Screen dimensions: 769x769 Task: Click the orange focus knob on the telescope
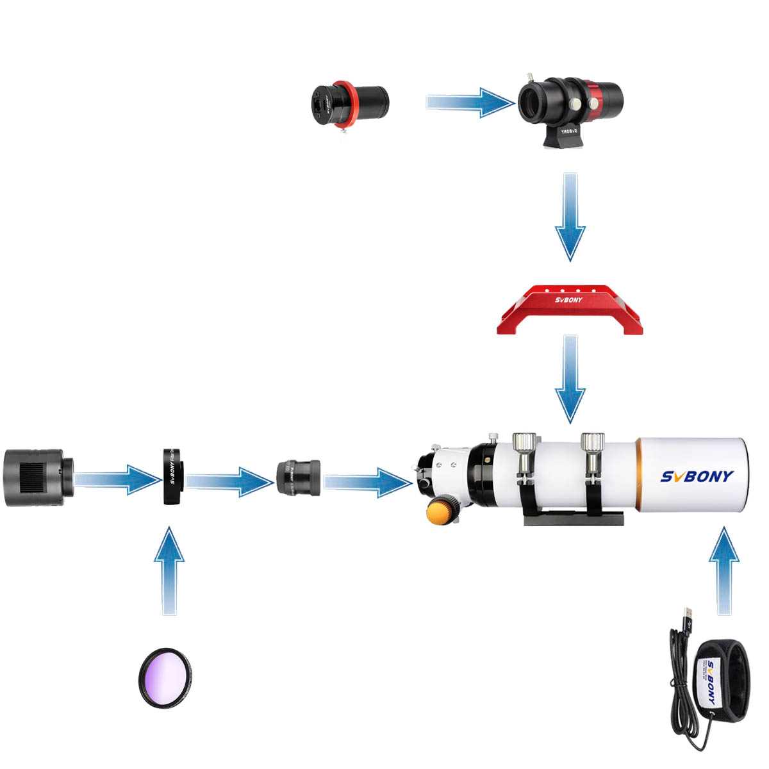441,513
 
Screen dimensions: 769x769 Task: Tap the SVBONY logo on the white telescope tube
697,476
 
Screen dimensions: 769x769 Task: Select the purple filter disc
166,677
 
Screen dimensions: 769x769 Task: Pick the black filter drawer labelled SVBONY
173,477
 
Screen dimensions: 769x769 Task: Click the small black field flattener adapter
298,477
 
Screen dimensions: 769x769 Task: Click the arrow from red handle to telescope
570,378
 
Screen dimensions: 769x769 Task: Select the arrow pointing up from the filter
169,570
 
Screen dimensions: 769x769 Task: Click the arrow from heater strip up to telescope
724,570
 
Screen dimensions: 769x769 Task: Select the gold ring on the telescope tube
638,474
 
